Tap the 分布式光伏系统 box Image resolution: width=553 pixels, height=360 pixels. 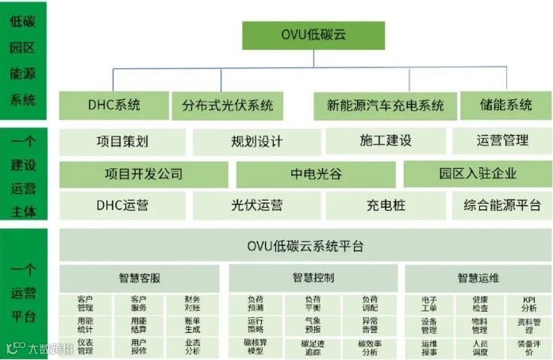pyautogui.click(x=227, y=105)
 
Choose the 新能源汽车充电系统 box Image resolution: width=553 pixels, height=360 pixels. pyautogui.click(x=386, y=105)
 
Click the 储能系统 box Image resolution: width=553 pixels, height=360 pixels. pyautogui.click(x=505, y=105)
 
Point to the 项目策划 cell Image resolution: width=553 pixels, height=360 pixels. pyautogui.click(x=122, y=141)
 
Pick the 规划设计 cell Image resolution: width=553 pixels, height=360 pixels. pyautogui.click(x=256, y=141)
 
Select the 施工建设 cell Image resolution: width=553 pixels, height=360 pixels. pyautogui.click(x=386, y=141)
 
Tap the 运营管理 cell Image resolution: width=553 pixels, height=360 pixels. pyautogui.click(x=502, y=141)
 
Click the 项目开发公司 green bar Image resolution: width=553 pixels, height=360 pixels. pyautogui.click(x=144, y=174)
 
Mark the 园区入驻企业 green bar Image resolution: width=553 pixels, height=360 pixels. pyautogui.click(x=477, y=174)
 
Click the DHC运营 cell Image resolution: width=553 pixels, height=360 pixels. pyautogui.click(x=122, y=205)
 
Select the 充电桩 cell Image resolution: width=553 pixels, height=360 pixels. pyautogui.click(x=386, y=205)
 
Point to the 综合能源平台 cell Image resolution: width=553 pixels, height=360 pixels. pyautogui.click(x=502, y=205)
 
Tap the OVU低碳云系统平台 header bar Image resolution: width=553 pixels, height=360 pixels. pyautogui.click(x=305, y=246)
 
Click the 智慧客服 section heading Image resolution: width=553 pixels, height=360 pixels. pyautogui.click(x=140, y=278)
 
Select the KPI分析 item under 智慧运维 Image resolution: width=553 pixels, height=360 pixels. pyautogui.click(x=528, y=304)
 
